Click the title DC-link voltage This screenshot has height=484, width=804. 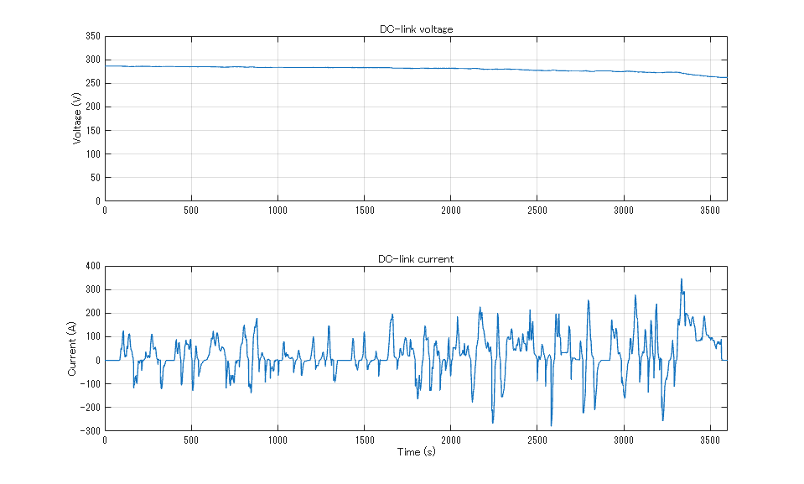(416, 29)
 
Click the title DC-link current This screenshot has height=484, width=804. (416, 259)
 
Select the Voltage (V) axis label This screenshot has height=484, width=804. (77, 118)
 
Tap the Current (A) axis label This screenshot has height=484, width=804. (73, 348)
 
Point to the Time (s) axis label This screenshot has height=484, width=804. (416, 452)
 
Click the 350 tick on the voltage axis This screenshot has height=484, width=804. (91, 36)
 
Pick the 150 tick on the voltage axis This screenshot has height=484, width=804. (91, 130)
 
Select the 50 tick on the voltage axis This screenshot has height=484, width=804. (94, 177)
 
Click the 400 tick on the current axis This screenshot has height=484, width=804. (91, 266)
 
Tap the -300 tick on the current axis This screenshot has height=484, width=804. (89, 431)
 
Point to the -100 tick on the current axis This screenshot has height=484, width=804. (89, 384)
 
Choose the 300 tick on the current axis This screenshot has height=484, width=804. (91, 289)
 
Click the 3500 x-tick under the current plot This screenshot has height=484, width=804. (710, 440)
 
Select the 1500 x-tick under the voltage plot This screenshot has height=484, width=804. (364, 210)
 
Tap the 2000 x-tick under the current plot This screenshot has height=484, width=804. (450, 440)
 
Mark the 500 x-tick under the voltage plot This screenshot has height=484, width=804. (191, 210)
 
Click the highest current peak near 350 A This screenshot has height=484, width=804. (681, 278)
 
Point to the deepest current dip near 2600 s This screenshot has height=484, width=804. (551, 426)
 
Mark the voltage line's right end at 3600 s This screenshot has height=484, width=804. (727, 77)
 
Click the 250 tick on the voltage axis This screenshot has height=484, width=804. (91, 83)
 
